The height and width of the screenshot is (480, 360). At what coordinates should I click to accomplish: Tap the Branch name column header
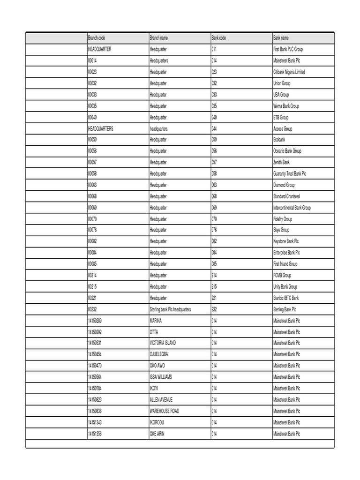pos(158,38)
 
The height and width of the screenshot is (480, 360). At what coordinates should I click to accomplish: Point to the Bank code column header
pos(218,38)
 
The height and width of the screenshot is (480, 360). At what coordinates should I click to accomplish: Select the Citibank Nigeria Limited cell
pos(289,72)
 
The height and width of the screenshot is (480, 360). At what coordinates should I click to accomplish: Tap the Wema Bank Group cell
pos(286,106)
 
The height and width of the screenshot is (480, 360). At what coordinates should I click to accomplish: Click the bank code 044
pos(215,128)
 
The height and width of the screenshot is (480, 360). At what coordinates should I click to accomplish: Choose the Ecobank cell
pos(279,140)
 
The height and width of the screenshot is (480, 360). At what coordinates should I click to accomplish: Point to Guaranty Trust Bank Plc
pos(289,174)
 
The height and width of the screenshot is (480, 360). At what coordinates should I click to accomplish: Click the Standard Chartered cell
pos(286,196)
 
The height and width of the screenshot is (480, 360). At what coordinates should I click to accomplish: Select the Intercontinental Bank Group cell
pos(292,208)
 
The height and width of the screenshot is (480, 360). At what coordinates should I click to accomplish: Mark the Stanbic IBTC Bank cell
pos(286,298)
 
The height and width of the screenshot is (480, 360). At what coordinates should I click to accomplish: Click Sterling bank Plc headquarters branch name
pos(170,309)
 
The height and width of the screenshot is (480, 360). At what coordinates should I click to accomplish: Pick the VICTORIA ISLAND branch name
pos(163,343)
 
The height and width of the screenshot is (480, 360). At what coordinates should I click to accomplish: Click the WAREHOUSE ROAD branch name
pos(164,411)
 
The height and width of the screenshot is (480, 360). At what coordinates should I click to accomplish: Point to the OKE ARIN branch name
pos(157,434)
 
